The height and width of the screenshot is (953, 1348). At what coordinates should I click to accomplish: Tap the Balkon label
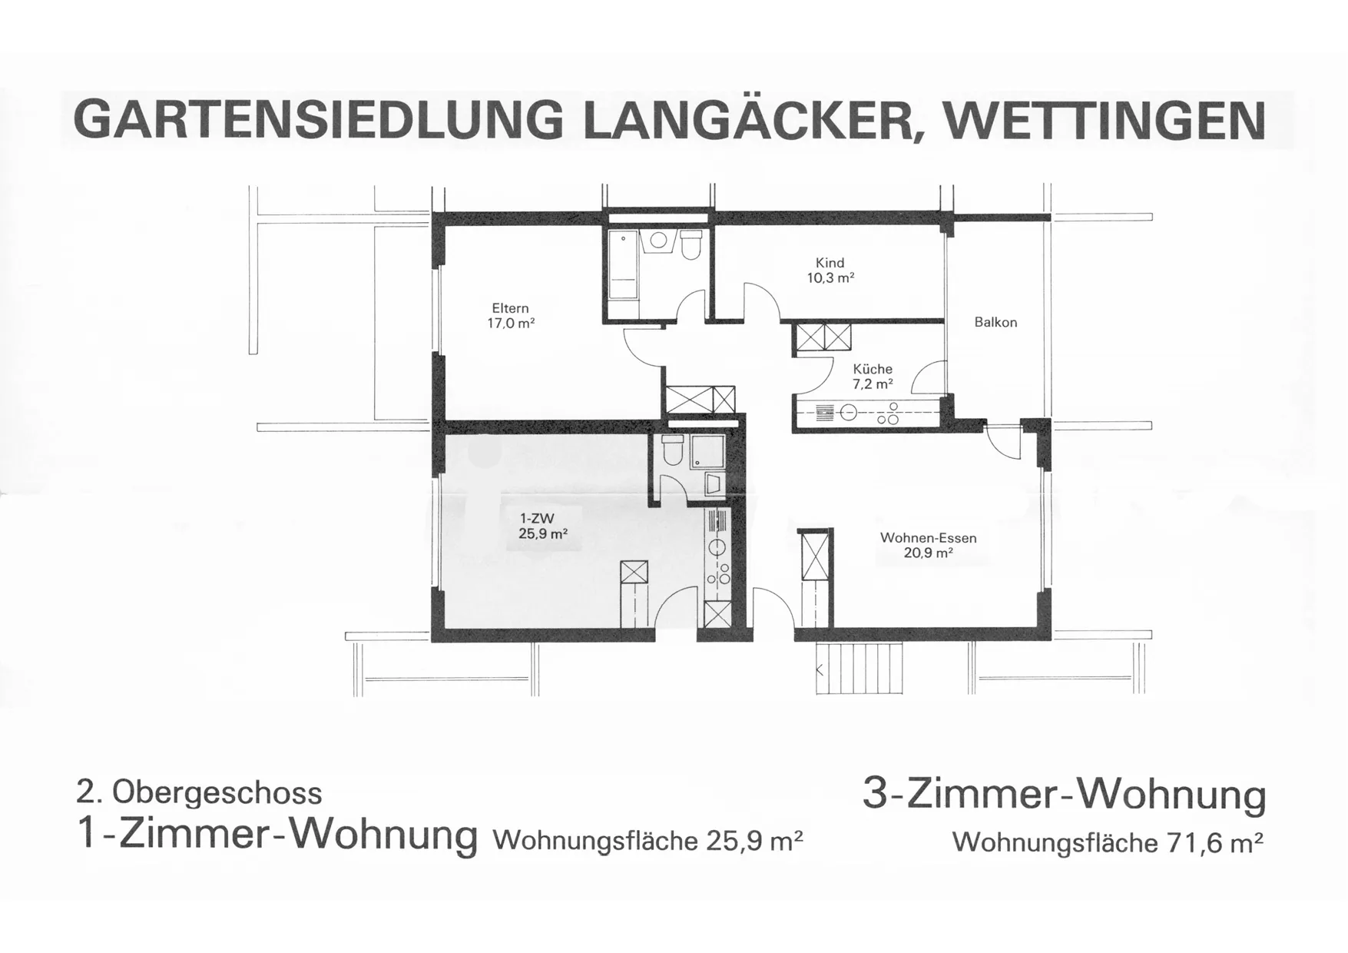click(995, 323)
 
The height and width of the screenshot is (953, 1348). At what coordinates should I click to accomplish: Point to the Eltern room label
click(511, 308)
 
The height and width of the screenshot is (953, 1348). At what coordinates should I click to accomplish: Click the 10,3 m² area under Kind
click(830, 277)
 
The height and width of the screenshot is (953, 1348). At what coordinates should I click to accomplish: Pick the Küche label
click(873, 369)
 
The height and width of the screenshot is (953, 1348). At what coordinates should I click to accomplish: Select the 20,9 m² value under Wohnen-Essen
click(928, 553)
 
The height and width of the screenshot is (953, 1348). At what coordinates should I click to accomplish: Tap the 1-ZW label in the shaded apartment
click(537, 519)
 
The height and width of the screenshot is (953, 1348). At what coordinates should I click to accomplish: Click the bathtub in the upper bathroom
click(624, 265)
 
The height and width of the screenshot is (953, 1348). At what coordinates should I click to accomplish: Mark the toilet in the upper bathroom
click(691, 244)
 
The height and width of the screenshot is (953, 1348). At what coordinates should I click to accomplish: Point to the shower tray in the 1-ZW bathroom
click(707, 451)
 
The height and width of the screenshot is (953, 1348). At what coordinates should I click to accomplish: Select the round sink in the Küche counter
click(848, 413)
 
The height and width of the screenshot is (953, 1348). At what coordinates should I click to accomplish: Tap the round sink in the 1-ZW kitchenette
click(717, 548)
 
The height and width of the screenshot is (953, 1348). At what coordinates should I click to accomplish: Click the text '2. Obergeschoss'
click(199, 792)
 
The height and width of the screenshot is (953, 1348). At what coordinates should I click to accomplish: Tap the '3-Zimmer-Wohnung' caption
click(1064, 795)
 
